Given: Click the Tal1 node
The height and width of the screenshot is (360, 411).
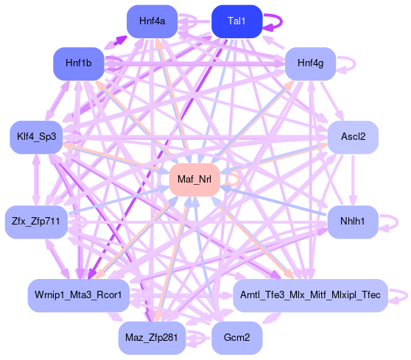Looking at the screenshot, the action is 236,21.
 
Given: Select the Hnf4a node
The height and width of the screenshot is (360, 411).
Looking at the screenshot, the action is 152,21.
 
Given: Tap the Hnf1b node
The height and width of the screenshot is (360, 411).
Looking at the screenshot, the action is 79,63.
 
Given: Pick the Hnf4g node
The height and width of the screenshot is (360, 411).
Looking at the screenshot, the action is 310,63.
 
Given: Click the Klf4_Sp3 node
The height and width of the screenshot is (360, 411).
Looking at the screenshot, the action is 36,137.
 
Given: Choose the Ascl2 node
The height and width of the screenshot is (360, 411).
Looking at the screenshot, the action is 353,137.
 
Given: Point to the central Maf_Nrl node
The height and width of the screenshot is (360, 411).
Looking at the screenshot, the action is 194,180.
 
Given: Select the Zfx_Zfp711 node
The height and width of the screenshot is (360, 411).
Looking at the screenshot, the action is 36,222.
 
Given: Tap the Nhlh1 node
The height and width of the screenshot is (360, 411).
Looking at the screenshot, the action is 353,222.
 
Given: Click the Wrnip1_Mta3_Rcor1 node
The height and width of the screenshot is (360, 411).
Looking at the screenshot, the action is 78,295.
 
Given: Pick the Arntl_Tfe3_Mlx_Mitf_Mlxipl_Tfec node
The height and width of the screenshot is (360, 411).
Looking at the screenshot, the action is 310,295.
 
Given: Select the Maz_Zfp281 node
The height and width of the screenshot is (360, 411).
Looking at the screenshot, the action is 152,338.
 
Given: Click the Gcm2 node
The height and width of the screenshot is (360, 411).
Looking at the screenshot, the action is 236,338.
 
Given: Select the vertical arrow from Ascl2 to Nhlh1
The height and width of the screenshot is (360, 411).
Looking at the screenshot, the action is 353,181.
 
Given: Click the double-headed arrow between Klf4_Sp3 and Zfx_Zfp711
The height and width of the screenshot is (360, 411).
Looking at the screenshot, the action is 36,180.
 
